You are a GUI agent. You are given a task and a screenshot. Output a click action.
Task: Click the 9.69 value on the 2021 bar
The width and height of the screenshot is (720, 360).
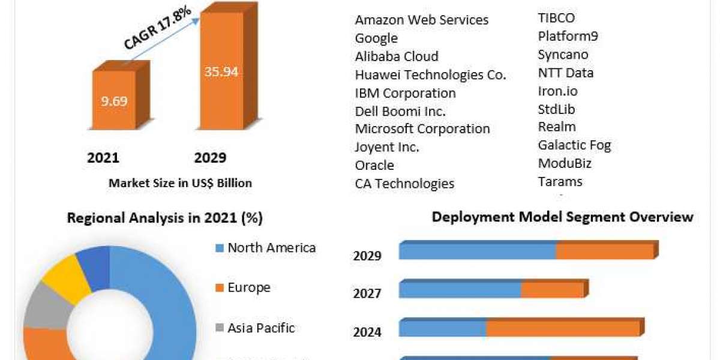(x=114, y=101)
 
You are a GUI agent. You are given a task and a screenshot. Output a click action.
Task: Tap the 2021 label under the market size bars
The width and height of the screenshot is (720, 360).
(x=103, y=158)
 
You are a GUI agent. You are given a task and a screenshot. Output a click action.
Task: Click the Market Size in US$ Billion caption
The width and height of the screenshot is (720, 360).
(x=180, y=184)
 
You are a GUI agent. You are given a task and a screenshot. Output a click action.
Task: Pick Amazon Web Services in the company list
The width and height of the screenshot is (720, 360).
(x=421, y=20)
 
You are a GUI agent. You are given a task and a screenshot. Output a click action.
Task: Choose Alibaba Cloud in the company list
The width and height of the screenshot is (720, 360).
(x=397, y=56)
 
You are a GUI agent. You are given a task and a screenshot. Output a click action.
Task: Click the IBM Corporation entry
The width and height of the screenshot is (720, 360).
(x=405, y=93)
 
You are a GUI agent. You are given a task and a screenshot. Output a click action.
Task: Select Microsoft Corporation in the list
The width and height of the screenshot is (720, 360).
(x=422, y=129)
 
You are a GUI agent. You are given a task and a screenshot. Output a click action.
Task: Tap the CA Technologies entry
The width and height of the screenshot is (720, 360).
(x=404, y=184)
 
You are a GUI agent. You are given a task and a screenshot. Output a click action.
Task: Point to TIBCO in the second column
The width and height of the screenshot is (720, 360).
(x=556, y=18)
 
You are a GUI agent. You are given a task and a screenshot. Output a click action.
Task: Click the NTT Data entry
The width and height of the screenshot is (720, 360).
(x=566, y=73)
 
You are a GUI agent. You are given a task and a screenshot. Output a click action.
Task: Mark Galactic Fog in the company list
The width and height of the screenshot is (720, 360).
(x=574, y=145)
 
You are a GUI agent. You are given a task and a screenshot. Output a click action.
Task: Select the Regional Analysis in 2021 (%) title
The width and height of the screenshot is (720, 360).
(x=164, y=218)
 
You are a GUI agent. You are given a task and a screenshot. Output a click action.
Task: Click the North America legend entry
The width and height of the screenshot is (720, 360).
(x=271, y=248)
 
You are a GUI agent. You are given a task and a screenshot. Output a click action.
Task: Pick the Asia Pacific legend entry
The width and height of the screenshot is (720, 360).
(x=261, y=328)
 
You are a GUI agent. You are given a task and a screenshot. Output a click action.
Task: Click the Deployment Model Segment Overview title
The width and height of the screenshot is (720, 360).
(x=562, y=217)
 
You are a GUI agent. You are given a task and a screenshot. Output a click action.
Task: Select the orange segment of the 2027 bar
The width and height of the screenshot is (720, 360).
(x=552, y=290)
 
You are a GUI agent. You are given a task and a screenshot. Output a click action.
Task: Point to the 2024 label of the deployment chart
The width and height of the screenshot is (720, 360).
(x=367, y=332)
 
